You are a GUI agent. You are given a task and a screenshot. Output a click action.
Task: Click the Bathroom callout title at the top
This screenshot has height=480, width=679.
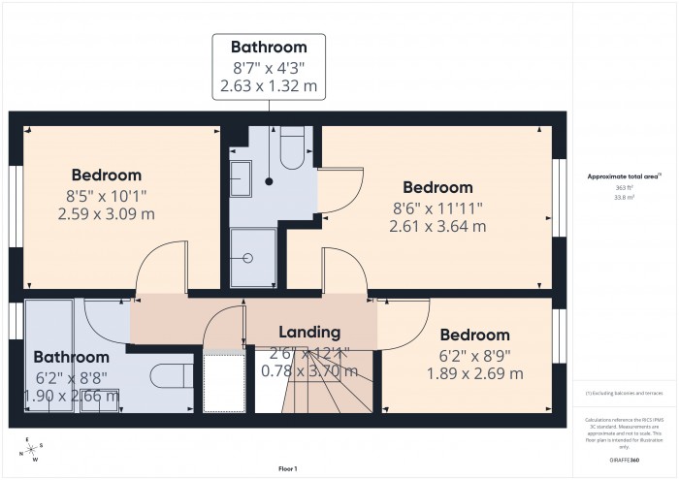click(x=269, y=47)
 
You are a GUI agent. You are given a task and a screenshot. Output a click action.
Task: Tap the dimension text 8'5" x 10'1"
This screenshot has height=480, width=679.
click(x=106, y=195)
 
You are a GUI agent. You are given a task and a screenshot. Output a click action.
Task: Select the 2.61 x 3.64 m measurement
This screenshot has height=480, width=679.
click(x=437, y=226)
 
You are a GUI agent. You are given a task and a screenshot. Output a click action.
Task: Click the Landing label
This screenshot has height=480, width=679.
click(x=309, y=332)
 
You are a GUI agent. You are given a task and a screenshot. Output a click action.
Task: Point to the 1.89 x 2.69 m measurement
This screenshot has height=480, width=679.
click(x=475, y=373)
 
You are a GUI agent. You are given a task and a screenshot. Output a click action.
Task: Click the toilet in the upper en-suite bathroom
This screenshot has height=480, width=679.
click(x=290, y=150)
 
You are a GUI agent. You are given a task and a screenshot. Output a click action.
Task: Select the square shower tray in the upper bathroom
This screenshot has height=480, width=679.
click(x=253, y=257)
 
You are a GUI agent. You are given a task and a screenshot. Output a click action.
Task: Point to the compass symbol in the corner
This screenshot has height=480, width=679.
click(x=31, y=448)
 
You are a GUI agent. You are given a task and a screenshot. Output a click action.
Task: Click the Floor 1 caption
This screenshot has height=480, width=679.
click(x=287, y=468)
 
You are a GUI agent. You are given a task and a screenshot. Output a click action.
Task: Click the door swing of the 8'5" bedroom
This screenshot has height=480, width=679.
click(x=160, y=267)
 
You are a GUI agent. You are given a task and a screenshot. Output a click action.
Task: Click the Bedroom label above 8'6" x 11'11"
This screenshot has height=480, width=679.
click(x=437, y=187)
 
